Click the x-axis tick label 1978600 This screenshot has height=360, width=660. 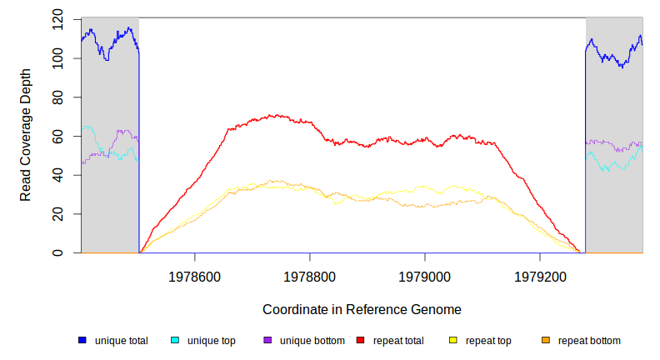pyautogui.click(x=194, y=274)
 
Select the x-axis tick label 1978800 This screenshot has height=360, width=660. pyautogui.click(x=309, y=274)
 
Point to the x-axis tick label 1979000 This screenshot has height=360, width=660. pyautogui.click(x=425, y=274)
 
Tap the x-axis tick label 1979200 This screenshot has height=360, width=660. pyautogui.click(x=540, y=274)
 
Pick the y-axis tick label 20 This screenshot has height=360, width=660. pyautogui.click(x=57, y=214)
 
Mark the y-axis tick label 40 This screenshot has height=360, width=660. pyautogui.click(x=57, y=175)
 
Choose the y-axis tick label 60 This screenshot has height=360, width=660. pyautogui.click(x=57, y=136)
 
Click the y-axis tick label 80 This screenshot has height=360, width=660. pyautogui.click(x=57, y=97)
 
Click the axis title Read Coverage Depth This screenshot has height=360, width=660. pyautogui.click(x=26, y=136)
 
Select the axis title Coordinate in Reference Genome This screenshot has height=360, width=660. pyautogui.click(x=362, y=309)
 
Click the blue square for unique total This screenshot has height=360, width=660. pyautogui.click(x=82, y=341)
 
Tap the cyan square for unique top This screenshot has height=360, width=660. pyautogui.click(x=175, y=341)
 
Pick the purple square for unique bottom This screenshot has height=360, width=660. pyautogui.click(x=267, y=341)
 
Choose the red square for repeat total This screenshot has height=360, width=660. pyautogui.click(x=360, y=341)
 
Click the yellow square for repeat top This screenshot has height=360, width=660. pyautogui.click(x=452, y=341)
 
